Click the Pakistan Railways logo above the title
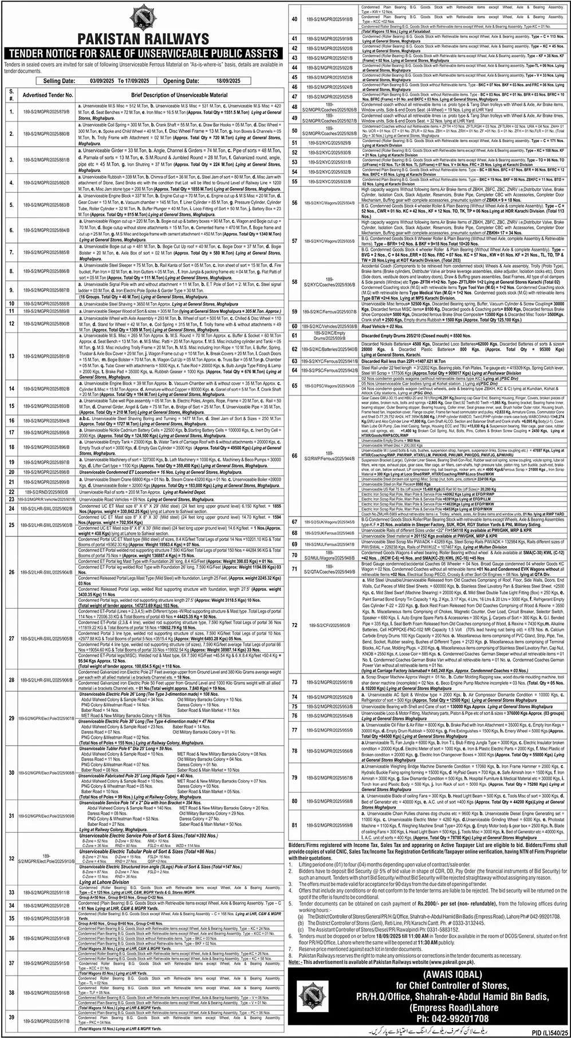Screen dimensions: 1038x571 143,17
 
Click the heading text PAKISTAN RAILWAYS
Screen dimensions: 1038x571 143,39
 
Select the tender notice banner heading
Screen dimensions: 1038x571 143,53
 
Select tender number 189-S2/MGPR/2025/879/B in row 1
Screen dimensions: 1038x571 46,111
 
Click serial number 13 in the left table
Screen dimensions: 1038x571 11,356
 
